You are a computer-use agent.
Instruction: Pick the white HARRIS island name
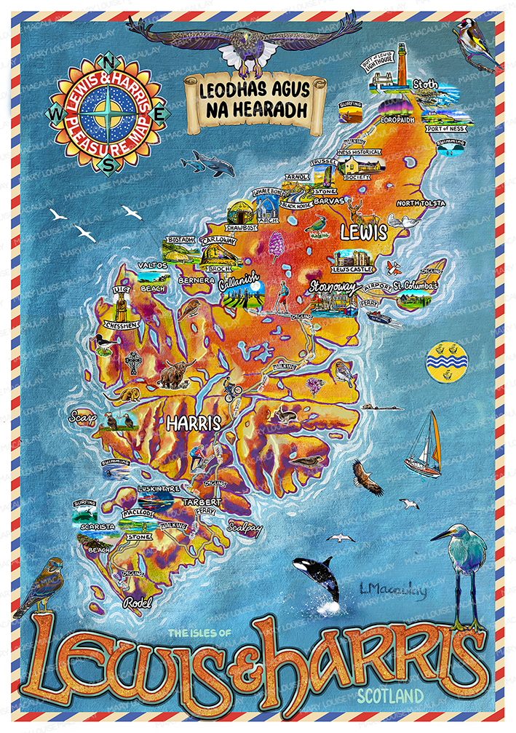193,422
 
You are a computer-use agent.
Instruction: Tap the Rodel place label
137,603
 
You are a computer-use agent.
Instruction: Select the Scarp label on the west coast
82,417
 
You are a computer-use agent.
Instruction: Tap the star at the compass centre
109,113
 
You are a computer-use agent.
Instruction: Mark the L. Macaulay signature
393,591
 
